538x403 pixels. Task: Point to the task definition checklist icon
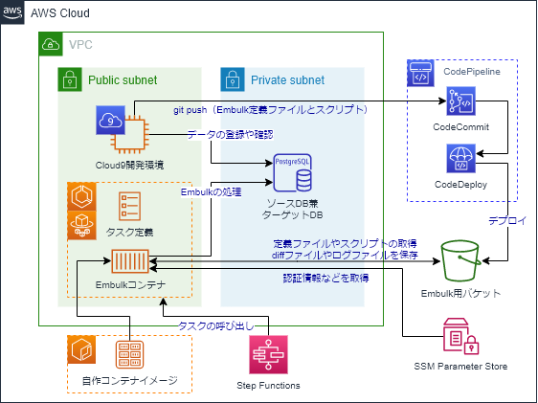click(130, 207)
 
